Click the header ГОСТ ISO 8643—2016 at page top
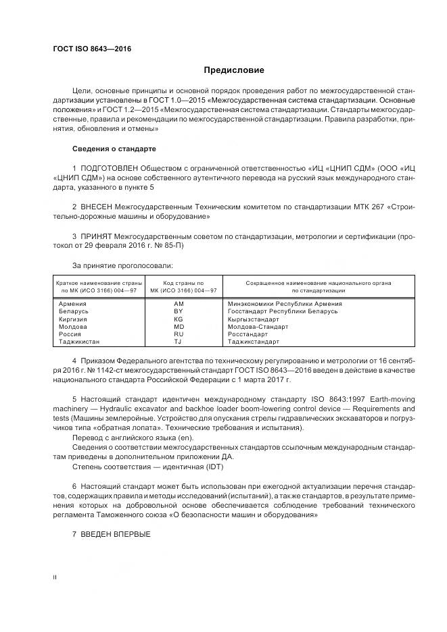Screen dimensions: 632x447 pos(91,49)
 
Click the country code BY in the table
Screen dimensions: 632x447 pos(179,311)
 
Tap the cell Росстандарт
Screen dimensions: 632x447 pos(248,334)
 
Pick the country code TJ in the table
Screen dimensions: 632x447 pos(179,342)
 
